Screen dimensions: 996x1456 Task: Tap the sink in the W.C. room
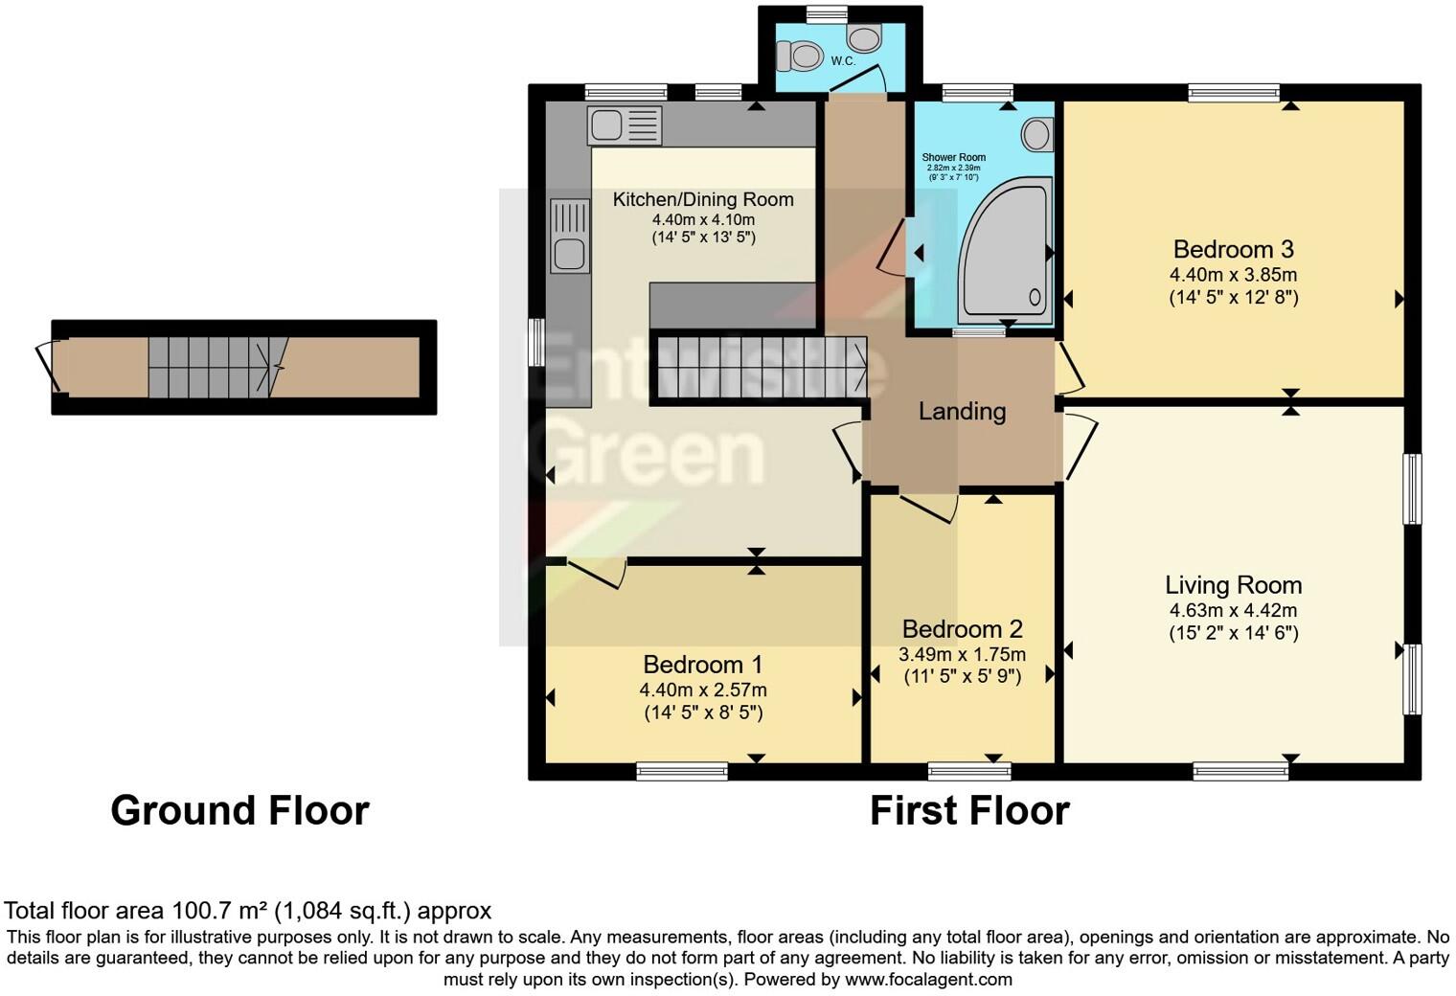[x=865, y=39]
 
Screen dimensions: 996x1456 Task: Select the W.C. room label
[x=843, y=61]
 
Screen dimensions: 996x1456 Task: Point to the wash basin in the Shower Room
[x=1036, y=134]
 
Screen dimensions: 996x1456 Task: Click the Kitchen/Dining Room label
[x=703, y=199]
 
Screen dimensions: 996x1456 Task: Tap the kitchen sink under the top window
[x=625, y=125]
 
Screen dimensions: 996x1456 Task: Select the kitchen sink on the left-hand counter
[x=569, y=236]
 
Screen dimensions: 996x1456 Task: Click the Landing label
[x=962, y=412]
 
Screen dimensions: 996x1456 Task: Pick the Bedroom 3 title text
[x=1233, y=250]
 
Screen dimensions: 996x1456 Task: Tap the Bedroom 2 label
[x=962, y=629]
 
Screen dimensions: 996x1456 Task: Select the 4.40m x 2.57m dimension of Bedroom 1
[x=703, y=690]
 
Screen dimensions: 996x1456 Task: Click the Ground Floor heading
[x=239, y=810]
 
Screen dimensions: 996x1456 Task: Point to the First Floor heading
[x=968, y=810]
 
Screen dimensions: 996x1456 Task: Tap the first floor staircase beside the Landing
[x=758, y=367]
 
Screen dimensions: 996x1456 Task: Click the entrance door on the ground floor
[x=45, y=367]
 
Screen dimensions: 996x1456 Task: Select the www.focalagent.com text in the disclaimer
[x=927, y=980]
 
